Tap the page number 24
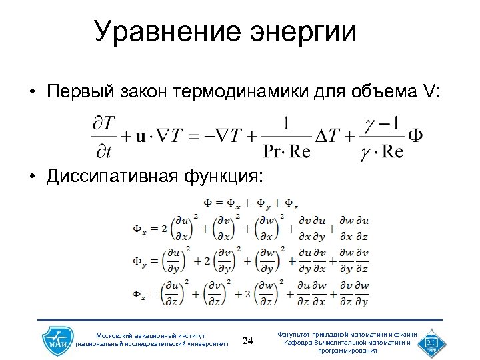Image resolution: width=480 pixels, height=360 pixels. coord(249,341)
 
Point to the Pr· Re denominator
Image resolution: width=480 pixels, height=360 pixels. coord(287,152)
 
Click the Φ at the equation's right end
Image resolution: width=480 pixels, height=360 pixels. coord(414,135)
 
